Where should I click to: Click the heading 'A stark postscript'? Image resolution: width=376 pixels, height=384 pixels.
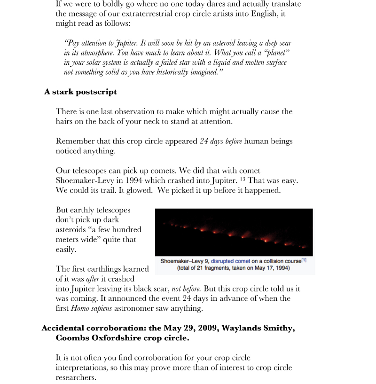(x=80, y=92)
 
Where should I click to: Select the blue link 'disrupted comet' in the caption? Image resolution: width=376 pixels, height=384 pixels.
(x=232, y=261)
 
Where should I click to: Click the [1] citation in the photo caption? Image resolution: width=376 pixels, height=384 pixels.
(x=304, y=260)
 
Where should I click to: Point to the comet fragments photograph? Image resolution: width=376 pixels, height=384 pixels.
(x=234, y=232)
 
